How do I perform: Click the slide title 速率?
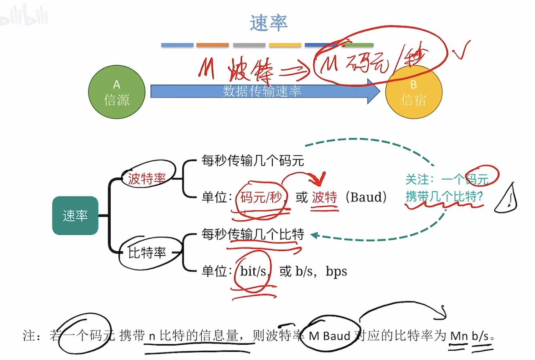[x=268, y=23]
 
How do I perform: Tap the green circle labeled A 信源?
[x=117, y=92]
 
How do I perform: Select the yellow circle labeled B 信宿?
[x=414, y=93]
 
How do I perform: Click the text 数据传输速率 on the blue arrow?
[x=262, y=91]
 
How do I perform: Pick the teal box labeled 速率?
[x=75, y=215]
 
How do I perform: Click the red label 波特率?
[x=147, y=178]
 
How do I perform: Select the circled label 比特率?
[x=147, y=252]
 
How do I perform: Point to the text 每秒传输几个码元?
[x=253, y=160]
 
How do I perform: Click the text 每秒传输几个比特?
[x=253, y=234]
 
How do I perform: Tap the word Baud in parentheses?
[x=366, y=197]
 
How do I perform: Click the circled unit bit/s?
[x=253, y=271]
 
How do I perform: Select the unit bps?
[x=336, y=271]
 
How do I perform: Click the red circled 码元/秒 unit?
[x=261, y=197]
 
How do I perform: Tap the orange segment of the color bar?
[x=212, y=45]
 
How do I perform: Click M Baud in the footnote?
[x=329, y=336]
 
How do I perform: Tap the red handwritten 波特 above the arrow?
[x=250, y=70]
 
